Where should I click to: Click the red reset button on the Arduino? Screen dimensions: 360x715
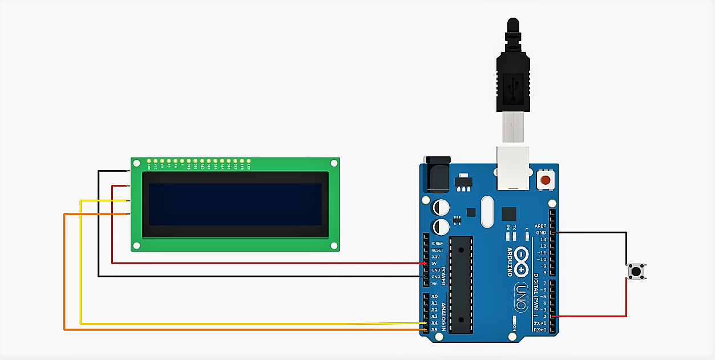pos(545,181)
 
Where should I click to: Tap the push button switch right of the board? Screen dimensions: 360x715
pos(636,271)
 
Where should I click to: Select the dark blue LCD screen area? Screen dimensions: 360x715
pos(235,204)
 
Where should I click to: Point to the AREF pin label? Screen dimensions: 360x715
pos(541,226)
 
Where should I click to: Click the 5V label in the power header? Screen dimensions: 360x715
pos(434,263)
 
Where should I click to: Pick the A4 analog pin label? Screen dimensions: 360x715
pos(434,323)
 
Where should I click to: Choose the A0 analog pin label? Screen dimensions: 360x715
pos(434,297)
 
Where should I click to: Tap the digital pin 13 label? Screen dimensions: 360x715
pos(543,240)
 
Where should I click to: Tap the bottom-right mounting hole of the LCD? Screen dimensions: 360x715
pos(334,245)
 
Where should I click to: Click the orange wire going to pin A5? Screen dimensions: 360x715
pos(228,330)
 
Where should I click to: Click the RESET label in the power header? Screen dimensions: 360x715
pos(437,250)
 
